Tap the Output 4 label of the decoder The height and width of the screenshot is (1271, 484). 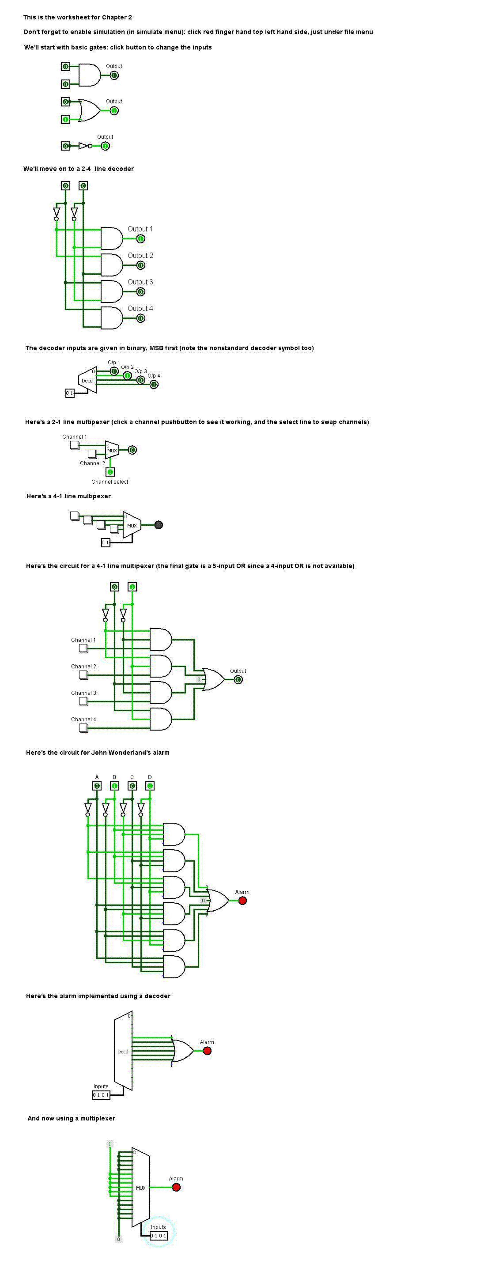pyautogui.click(x=140, y=308)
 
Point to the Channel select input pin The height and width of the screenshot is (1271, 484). pyautogui.click(x=110, y=472)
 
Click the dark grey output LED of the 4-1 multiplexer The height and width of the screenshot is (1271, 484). pyautogui.click(x=158, y=525)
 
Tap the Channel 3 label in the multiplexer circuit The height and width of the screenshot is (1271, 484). pyautogui.click(x=83, y=693)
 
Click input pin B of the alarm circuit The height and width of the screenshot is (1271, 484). pyautogui.click(x=114, y=786)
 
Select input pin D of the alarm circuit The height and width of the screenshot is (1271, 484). pyautogui.click(x=150, y=786)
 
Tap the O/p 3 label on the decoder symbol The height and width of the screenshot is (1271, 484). pyautogui.click(x=141, y=371)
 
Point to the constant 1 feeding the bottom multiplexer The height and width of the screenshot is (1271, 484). pyautogui.click(x=110, y=1144)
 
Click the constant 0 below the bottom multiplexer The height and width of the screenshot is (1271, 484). pyautogui.click(x=118, y=1239)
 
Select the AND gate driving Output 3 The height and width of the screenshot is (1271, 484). pyautogui.click(x=112, y=292)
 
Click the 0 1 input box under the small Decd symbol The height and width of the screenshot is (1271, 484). pyautogui.click(x=70, y=393)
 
